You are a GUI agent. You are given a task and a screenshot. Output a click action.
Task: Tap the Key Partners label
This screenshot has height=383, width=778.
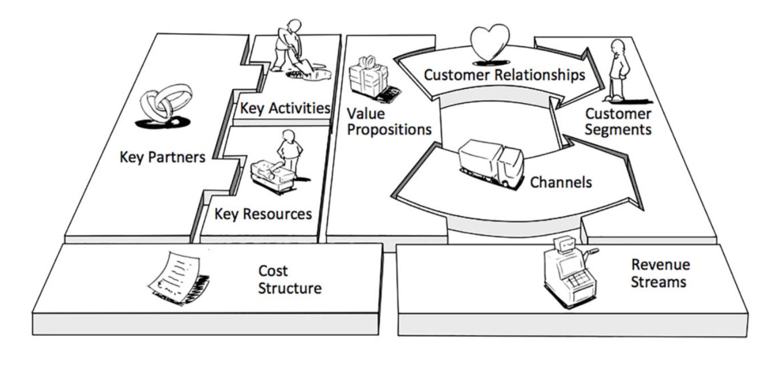pyautogui.click(x=162, y=157)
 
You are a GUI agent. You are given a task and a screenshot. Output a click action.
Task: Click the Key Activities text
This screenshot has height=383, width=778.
pyautogui.click(x=285, y=108)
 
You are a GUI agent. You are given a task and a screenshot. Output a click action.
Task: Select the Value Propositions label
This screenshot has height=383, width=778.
pyautogui.click(x=389, y=121)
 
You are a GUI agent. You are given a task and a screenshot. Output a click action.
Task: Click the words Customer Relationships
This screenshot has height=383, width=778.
pyautogui.click(x=504, y=75)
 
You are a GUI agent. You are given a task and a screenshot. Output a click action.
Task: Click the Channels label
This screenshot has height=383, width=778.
pyautogui.click(x=561, y=182)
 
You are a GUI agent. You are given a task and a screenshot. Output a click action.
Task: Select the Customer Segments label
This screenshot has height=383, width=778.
pyautogui.click(x=618, y=121)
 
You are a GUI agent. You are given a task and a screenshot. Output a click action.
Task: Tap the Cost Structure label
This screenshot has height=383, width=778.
pyautogui.click(x=289, y=279)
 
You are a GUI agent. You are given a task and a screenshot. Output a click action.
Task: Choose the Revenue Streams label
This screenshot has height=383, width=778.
pyautogui.click(x=660, y=273)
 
